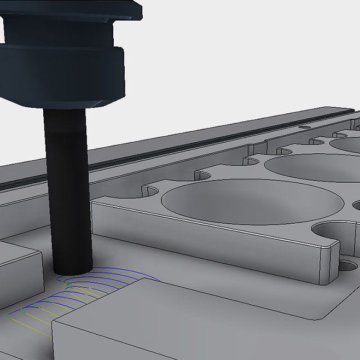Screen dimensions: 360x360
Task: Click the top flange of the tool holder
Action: [71, 8]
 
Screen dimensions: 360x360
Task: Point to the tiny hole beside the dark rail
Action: [300, 127]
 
